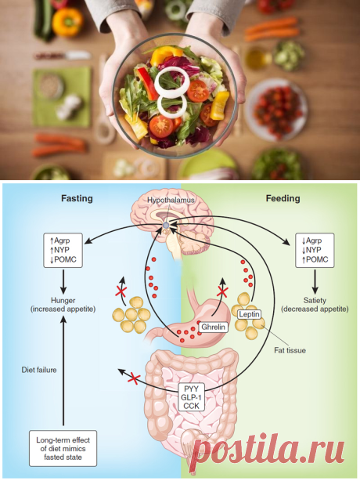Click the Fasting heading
click(77, 198)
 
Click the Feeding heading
click(283, 198)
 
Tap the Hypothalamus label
click(171, 200)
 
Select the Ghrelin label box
click(213, 327)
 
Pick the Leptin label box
click(250, 314)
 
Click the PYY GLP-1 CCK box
click(191, 397)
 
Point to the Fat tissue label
click(290, 350)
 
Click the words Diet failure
click(39, 370)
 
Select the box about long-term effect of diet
click(63, 448)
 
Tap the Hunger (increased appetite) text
click(63, 305)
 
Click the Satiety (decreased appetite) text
click(315, 305)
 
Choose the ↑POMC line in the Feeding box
click(315, 259)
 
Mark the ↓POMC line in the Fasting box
click(63, 259)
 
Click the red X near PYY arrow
click(134, 378)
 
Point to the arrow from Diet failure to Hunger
click(63, 371)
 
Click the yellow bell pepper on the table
click(67, 21)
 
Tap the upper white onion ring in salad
click(172, 81)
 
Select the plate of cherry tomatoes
click(276, 110)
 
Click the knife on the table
click(63, 56)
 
